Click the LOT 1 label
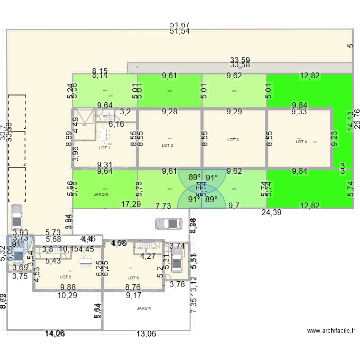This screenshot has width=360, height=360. point(104,148)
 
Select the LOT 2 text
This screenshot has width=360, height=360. point(167,145)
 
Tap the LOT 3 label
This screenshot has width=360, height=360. point(233,140)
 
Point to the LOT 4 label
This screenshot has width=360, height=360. point(301,142)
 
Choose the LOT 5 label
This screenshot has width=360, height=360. point(66,277)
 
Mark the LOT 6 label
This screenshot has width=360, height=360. point(133,278)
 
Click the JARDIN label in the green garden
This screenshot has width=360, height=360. point(101,194)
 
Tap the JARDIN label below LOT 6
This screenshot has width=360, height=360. point(144,308)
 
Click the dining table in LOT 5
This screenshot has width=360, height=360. point(86,261)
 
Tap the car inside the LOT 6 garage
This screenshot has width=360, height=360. point(177,263)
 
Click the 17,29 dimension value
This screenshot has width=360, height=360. point(131,204)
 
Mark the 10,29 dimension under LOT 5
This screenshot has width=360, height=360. point(67,295)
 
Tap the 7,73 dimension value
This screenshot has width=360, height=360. point(164,206)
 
